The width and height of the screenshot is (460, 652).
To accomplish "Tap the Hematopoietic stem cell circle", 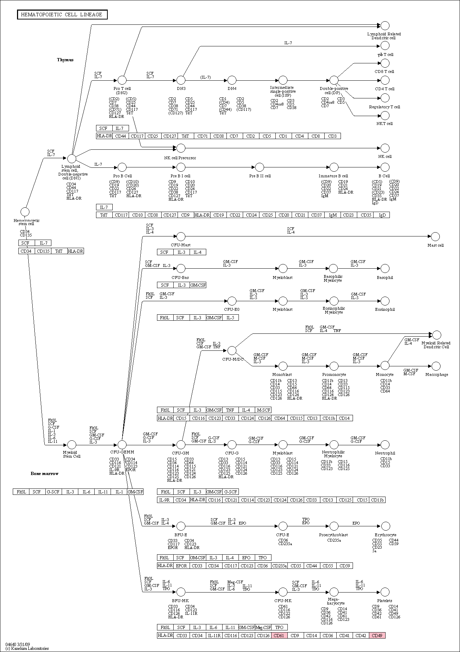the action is (25, 212).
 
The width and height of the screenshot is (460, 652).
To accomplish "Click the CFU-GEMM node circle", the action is (122, 445).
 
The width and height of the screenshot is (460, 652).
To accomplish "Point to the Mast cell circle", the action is (436, 236).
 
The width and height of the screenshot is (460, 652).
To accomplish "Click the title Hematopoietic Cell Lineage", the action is (62, 15).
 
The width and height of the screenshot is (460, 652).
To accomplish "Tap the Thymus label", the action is (65, 60).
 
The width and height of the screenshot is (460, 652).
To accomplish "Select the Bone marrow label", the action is (44, 474).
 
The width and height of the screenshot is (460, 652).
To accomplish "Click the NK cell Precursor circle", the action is (181, 148).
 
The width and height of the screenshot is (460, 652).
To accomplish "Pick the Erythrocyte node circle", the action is (385, 526).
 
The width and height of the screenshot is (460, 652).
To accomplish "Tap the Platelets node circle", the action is (385, 592).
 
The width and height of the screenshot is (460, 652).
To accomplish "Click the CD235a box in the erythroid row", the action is (279, 566).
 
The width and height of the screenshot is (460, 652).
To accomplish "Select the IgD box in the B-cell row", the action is (382, 215).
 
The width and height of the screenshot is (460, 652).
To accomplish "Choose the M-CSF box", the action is (263, 410).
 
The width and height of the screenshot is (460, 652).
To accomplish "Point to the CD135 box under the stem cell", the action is (43, 251).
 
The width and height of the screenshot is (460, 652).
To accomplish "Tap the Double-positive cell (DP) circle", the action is (334, 80).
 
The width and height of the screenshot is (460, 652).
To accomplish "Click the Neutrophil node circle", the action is (385, 445).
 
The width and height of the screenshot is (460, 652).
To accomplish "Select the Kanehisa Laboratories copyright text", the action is (27, 648).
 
